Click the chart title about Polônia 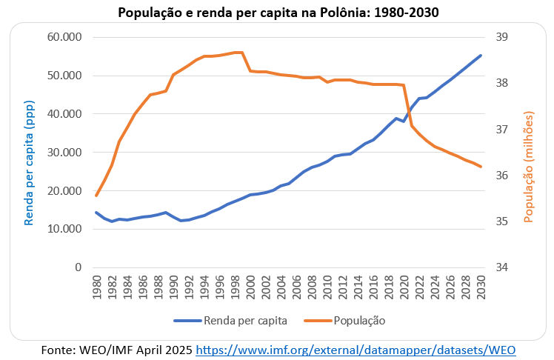(276, 13)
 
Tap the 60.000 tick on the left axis (64, 37)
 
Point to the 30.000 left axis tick (64, 153)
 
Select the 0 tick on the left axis (77, 267)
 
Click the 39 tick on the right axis (500, 37)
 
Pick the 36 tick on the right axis (500, 176)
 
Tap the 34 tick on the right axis (500, 267)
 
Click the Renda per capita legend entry (230, 321)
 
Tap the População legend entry (348, 321)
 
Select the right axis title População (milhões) (529, 167)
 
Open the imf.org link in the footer (356, 349)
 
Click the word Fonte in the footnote (56, 349)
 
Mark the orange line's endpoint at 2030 (481, 167)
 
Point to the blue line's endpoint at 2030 (481, 55)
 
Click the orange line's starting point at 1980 (96, 196)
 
